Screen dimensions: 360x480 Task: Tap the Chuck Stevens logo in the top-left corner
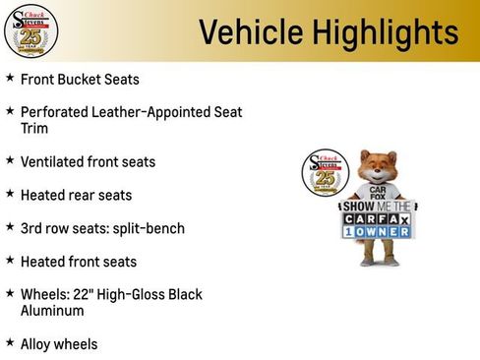pyautogui.click(x=31, y=31)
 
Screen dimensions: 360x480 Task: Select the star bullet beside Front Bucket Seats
pyautogui.click(x=10, y=78)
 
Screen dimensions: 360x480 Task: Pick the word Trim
pyautogui.click(x=33, y=129)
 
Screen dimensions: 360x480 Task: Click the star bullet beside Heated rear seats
pyautogui.click(x=10, y=194)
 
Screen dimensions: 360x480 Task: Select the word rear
pyautogui.click(x=83, y=196)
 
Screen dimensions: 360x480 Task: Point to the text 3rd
pyautogui.click(x=31, y=228)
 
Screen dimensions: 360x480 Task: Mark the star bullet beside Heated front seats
pyautogui.click(x=10, y=261)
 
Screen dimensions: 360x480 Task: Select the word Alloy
pyautogui.click(x=36, y=344)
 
